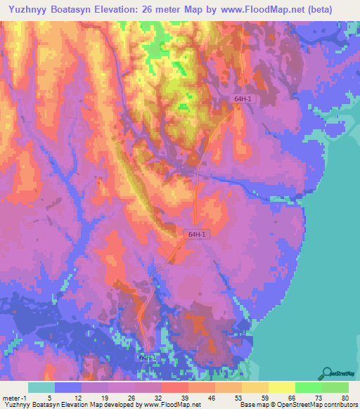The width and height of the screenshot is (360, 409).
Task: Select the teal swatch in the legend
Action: (x=41, y=387)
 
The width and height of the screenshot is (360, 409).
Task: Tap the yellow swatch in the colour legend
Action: (x=281, y=387)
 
